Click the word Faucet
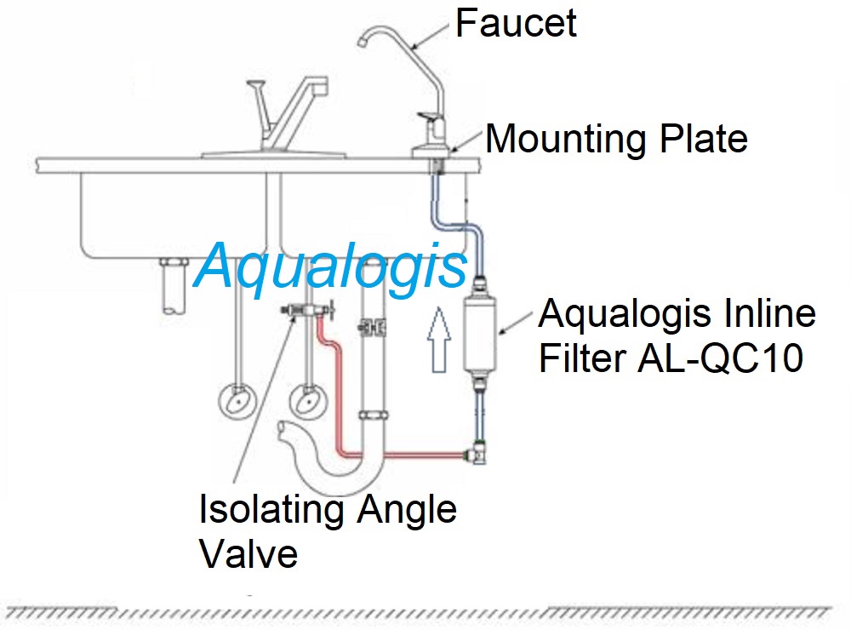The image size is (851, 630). click(516, 23)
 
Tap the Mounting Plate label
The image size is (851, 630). click(616, 139)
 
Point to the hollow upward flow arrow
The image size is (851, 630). click(438, 341)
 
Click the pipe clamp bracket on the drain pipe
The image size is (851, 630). click(370, 326)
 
